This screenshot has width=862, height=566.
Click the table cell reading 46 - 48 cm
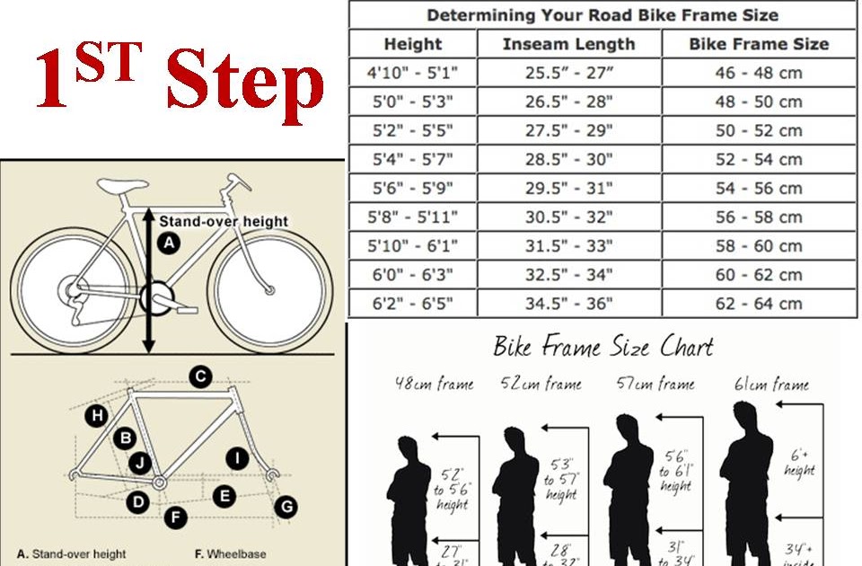tap(759, 73)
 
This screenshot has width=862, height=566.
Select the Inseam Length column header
tap(568, 44)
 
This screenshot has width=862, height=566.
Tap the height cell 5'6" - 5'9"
tap(413, 189)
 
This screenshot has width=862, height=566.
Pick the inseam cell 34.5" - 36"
tap(568, 304)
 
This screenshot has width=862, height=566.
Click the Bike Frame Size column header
tap(759, 44)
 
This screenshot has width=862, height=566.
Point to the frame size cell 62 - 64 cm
tap(759, 304)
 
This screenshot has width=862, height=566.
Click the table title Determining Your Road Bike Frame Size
tap(602, 15)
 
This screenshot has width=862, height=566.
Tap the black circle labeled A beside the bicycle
tap(168, 242)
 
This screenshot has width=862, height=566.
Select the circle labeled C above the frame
tap(200, 376)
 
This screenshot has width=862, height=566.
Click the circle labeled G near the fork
tap(286, 507)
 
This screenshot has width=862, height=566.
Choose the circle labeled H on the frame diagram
tap(97, 415)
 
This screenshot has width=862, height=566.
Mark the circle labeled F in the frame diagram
tap(177, 517)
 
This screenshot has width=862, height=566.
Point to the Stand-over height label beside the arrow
tap(224, 221)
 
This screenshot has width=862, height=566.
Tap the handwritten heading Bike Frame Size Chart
tap(603, 347)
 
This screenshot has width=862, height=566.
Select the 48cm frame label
tap(434, 385)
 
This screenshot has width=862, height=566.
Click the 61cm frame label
tap(771, 385)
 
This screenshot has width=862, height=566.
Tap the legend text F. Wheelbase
tap(231, 554)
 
